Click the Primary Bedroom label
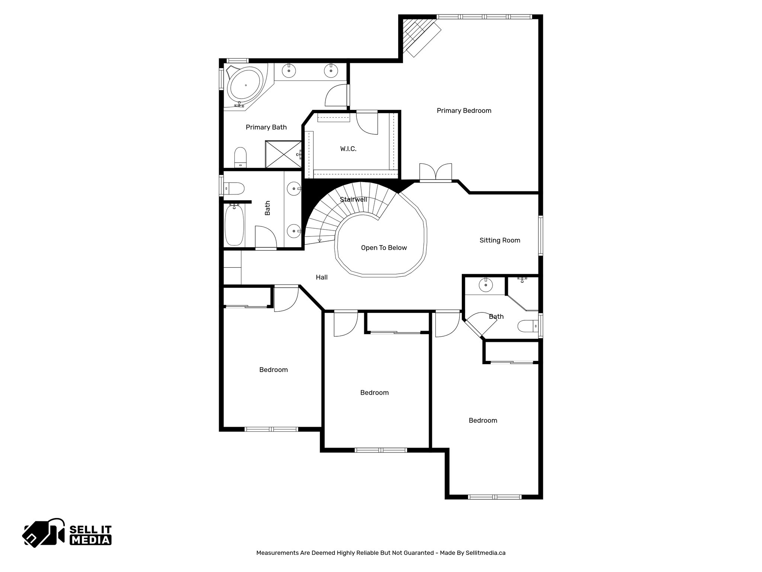(464, 111)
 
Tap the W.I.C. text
(348, 149)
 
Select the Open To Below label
(384, 248)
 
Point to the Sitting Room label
(499, 240)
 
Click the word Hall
(321, 277)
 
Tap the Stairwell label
(353, 200)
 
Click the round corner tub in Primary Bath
(245, 86)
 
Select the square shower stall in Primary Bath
(283, 154)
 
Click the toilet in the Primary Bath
(240, 157)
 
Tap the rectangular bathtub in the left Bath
(234, 225)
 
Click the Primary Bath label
(266, 127)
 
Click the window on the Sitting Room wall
(541, 235)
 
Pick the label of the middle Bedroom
(374, 393)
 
